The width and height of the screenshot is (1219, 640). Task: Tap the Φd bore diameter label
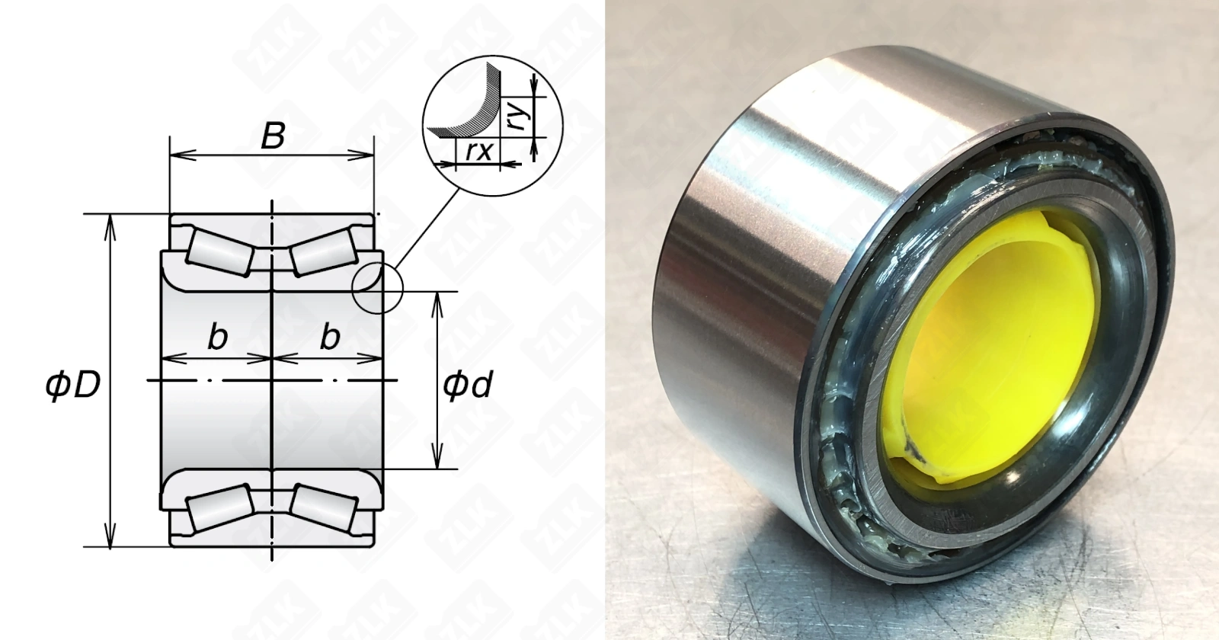pyautogui.click(x=468, y=385)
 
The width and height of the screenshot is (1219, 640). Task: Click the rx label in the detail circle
pyautogui.click(x=479, y=152)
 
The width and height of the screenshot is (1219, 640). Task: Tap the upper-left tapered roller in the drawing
pyautogui.click(x=220, y=251)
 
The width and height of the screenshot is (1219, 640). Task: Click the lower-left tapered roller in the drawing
pyautogui.click(x=220, y=510)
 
